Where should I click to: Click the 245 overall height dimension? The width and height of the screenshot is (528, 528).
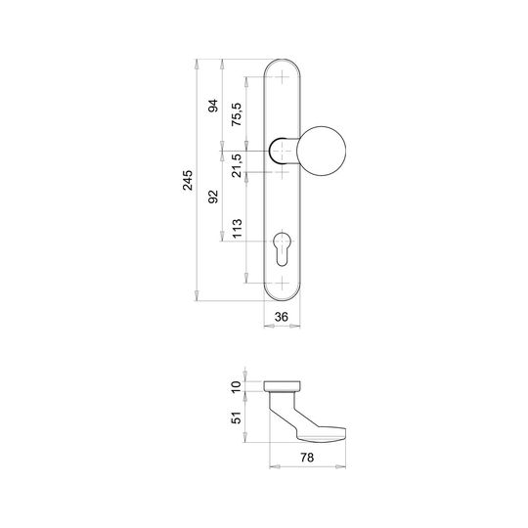188,180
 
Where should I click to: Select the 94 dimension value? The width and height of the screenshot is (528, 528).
213,106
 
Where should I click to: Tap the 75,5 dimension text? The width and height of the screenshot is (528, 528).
237,114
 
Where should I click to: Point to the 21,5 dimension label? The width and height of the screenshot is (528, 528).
237,165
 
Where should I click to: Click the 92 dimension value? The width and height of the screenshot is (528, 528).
213,197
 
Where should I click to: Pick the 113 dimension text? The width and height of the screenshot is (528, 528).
237,228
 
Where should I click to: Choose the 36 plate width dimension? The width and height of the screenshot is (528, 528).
282,317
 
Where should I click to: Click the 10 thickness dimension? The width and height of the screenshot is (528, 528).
237,386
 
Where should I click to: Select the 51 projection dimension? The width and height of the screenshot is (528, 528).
237,418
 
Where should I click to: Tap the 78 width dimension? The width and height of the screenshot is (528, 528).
307,458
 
